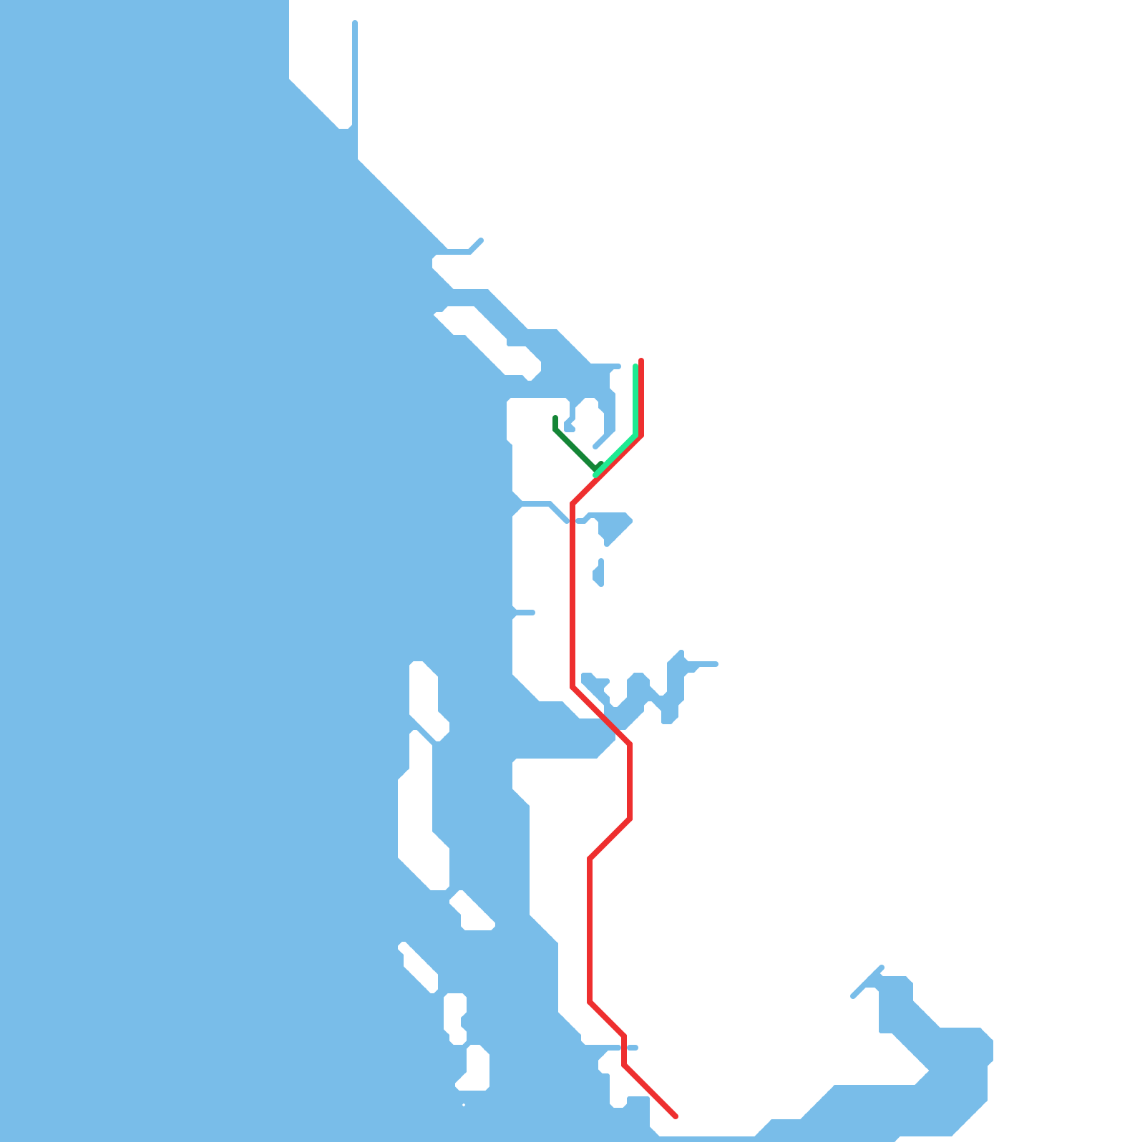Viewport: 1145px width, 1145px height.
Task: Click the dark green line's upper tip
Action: pyautogui.click(x=555, y=417)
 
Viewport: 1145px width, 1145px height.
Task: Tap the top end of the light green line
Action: pyautogui.click(x=635, y=366)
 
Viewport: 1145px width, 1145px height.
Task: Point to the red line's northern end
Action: pyautogui.click(x=641, y=361)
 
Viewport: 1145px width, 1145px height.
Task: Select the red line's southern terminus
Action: pyautogui.click(x=676, y=1116)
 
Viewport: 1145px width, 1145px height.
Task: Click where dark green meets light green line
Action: pyautogui.click(x=596, y=470)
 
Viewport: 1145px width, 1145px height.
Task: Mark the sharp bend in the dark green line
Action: pyautogui.click(x=555, y=430)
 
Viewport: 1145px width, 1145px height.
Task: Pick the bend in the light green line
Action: pyautogui.click(x=635, y=435)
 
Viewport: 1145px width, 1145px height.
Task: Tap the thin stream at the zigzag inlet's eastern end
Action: pyautogui.click(x=705, y=664)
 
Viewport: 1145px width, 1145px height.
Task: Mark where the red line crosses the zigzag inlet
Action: pyautogui.click(x=608, y=723)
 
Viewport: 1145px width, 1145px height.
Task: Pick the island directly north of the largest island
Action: pyautogui.click(x=425, y=698)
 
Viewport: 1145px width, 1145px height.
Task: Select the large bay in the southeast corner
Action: pyautogui.click(x=945, y=1059)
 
